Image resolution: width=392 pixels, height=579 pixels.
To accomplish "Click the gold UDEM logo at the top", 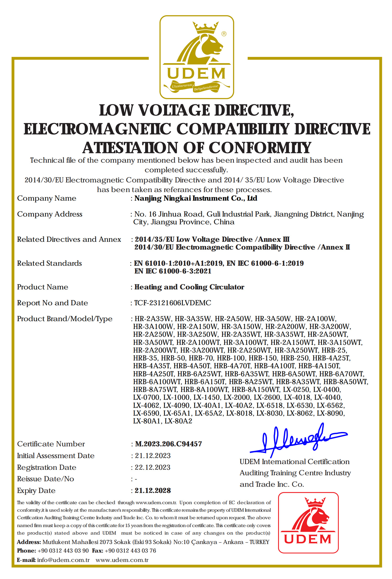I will point(197,57).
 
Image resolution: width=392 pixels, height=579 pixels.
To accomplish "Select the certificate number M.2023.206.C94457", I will point(168,444).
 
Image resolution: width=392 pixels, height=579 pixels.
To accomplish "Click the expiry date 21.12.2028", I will point(153,491).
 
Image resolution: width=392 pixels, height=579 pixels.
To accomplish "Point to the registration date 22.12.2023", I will point(153,467).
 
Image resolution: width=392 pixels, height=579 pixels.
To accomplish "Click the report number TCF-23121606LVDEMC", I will point(173,303).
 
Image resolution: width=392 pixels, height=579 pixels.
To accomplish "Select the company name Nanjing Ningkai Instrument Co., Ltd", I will point(196,198).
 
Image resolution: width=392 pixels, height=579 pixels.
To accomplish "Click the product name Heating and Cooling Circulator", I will point(189,287).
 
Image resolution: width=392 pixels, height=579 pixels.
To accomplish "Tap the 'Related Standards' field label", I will point(50,263).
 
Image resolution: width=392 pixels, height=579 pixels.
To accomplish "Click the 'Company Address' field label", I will point(50,214).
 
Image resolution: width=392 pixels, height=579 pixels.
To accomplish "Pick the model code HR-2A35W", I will point(153,319).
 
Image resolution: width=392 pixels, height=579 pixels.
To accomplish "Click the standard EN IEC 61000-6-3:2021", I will point(173,271).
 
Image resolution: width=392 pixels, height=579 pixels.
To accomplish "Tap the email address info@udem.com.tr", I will point(63,560).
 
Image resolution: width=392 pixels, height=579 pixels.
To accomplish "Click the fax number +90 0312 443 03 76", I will point(130,551).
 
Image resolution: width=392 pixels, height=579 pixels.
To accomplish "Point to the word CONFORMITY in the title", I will point(260,148).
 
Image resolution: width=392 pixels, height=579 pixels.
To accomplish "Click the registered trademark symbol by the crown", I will point(224,34).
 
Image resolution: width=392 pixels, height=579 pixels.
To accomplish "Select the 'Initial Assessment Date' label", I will point(56,456).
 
